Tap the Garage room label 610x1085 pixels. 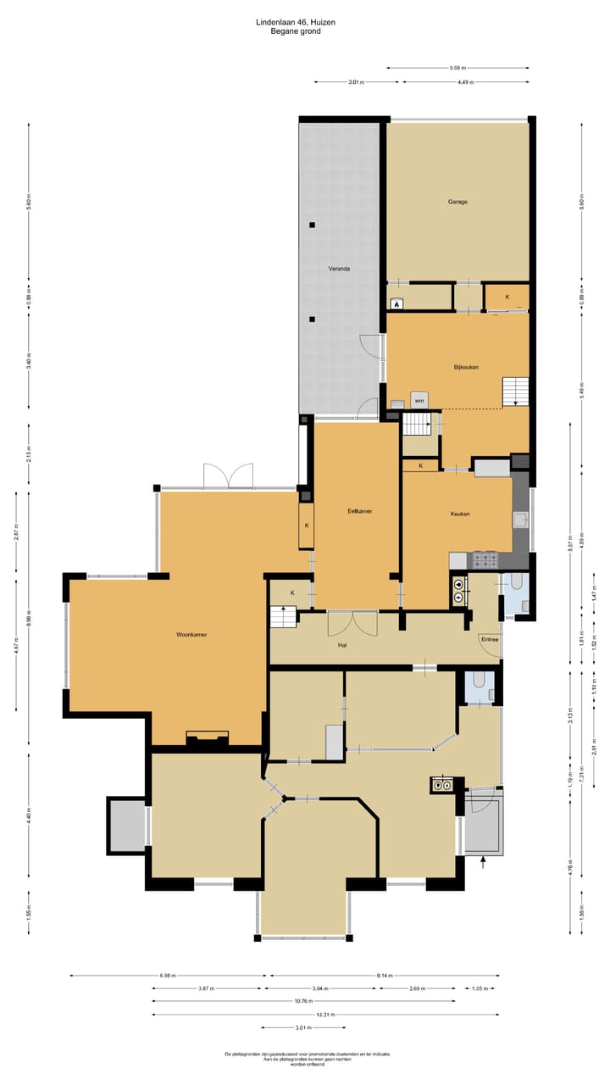(458, 202)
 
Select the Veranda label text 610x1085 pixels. (340, 269)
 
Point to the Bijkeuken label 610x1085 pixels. (466, 367)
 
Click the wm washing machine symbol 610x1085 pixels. (419, 400)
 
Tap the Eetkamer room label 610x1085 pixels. (360, 511)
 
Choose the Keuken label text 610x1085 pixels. (460, 514)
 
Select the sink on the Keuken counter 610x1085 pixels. (520, 520)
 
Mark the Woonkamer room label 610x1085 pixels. (192, 634)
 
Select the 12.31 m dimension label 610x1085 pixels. (325, 1015)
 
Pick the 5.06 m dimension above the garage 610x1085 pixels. (457, 68)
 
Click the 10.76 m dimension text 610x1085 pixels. (325, 1001)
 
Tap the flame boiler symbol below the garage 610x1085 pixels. (396, 302)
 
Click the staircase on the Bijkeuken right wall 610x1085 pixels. (515, 392)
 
